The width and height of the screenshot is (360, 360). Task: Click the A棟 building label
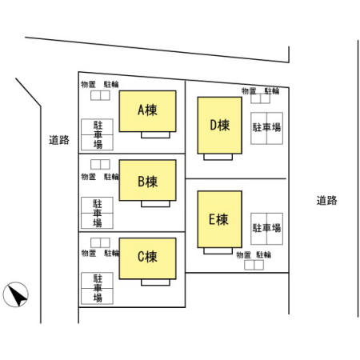pyautogui.click(x=147, y=110)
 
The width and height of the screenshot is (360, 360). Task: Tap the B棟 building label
pyautogui.click(x=147, y=182)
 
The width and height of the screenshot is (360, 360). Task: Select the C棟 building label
pyautogui.click(x=147, y=257)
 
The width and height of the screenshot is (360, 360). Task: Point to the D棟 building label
pyautogui.click(x=220, y=125)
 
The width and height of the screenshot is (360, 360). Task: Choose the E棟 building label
pyautogui.click(x=218, y=219)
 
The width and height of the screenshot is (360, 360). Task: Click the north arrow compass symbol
pyautogui.click(x=16, y=294)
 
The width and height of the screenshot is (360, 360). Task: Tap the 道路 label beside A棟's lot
pyautogui.click(x=59, y=140)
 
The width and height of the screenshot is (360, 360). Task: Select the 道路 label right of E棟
pyautogui.click(x=327, y=200)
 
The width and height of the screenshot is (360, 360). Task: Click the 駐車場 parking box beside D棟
pyautogui.click(x=266, y=128)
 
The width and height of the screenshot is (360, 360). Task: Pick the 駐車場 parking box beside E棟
pyautogui.click(x=266, y=229)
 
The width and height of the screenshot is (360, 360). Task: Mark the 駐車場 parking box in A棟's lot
pyautogui.click(x=97, y=134)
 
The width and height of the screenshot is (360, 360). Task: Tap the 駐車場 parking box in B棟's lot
pyautogui.click(x=97, y=213)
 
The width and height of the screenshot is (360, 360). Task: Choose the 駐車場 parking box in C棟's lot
pyautogui.click(x=97, y=288)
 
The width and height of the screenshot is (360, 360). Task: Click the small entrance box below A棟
pyautogui.click(x=155, y=135)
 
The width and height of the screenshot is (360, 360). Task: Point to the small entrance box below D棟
pyautogui.click(x=218, y=157)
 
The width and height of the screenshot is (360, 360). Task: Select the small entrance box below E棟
pyautogui.click(x=218, y=251)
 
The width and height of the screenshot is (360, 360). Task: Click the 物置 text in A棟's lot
pyautogui.click(x=88, y=85)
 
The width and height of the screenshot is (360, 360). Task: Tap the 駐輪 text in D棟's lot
pyautogui.click(x=272, y=91)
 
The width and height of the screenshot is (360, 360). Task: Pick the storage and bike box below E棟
pyautogui.click(x=254, y=265)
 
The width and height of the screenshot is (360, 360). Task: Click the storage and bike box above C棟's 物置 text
pyautogui.click(x=100, y=242)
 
